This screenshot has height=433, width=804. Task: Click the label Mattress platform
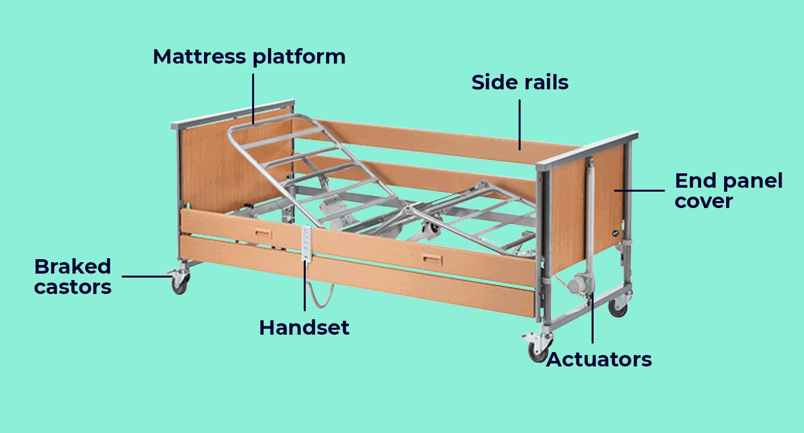point(249,57)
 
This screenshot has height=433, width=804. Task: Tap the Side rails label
point(520,82)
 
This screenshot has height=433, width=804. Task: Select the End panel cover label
point(728,191)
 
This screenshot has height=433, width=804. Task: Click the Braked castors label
point(72,277)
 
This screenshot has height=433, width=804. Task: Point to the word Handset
point(304,328)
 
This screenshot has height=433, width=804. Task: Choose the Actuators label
point(599,360)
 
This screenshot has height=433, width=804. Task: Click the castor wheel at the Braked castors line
point(179,285)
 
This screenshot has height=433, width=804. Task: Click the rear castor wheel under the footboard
point(618,308)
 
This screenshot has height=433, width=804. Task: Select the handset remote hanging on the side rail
point(306,242)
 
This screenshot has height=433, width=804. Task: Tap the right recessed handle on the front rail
point(431,258)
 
